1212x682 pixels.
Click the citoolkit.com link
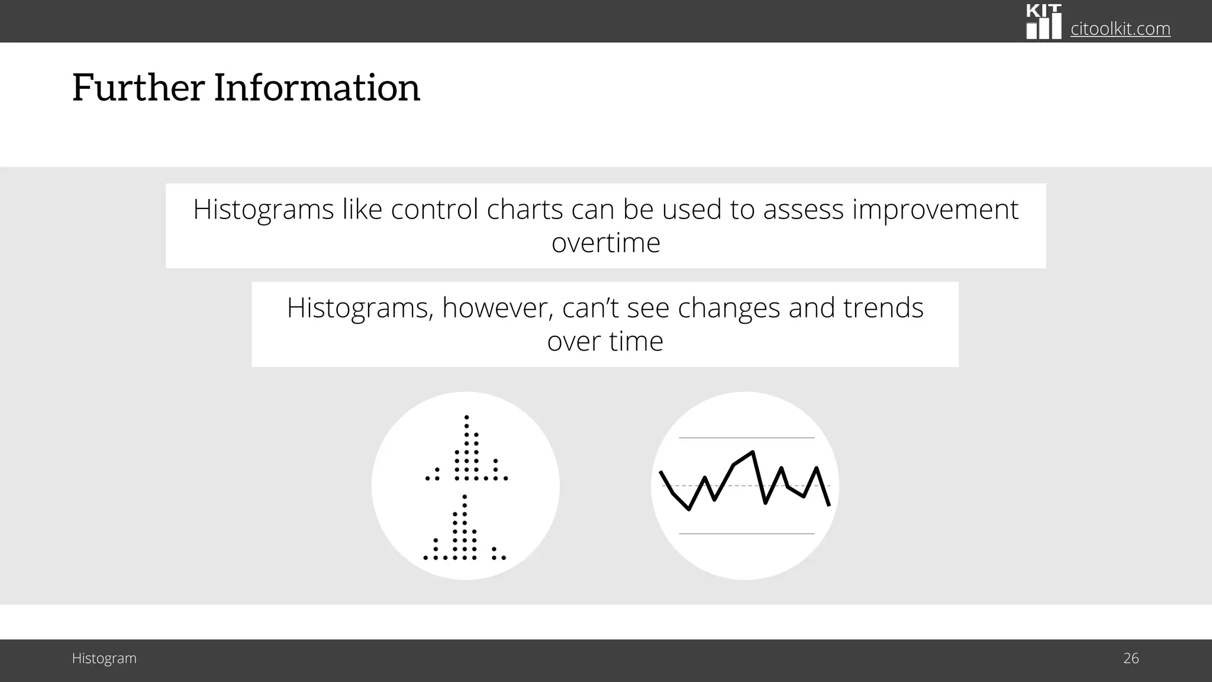click(1120, 28)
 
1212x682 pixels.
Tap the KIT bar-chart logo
click(1043, 22)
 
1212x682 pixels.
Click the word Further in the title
click(138, 88)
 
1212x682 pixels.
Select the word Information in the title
click(317, 88)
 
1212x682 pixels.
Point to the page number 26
click(1131, 658)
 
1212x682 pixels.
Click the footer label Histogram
click(104, 658)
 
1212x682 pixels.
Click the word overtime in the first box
click(605, 243)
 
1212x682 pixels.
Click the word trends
click(883, 308)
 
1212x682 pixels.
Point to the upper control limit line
click(746, 438)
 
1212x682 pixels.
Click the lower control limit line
click(746, 533)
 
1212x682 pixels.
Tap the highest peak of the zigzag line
click(752, 452)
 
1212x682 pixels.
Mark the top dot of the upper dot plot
click(467, 417)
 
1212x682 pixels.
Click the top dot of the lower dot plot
click(465, 496)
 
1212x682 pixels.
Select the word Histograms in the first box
click(263, 210)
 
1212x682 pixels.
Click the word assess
click(803, 210)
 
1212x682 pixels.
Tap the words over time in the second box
click(605, 342)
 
